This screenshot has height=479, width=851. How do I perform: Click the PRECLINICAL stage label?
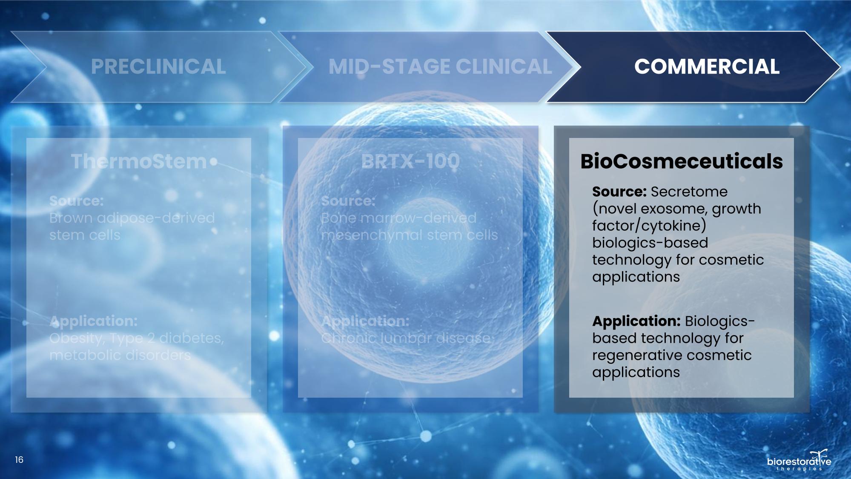(x=158, y=67)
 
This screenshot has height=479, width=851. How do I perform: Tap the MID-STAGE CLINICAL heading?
(x=440, y=67)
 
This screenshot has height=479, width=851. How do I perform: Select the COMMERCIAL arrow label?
(x=707, y=67)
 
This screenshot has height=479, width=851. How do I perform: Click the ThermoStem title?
(x=139, y=161)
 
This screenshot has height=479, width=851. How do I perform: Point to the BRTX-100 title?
(x=410, y=161)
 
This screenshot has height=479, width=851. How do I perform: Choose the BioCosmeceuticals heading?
(x=682, y=161)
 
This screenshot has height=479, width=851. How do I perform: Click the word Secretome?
(x=689, y=192)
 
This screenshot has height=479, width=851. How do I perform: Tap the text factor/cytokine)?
(x=649, y=226)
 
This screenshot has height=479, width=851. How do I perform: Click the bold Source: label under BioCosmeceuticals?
(x=619, y=192)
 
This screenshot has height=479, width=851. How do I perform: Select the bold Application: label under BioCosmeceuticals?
(x=636, y=321)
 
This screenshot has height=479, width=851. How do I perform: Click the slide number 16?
(x=19, y=460)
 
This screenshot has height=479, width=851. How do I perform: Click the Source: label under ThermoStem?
(x=76, y=201)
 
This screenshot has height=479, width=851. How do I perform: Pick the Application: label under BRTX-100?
(x=365, y=321)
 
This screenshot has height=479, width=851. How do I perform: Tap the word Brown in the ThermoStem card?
(x=71, y=218)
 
